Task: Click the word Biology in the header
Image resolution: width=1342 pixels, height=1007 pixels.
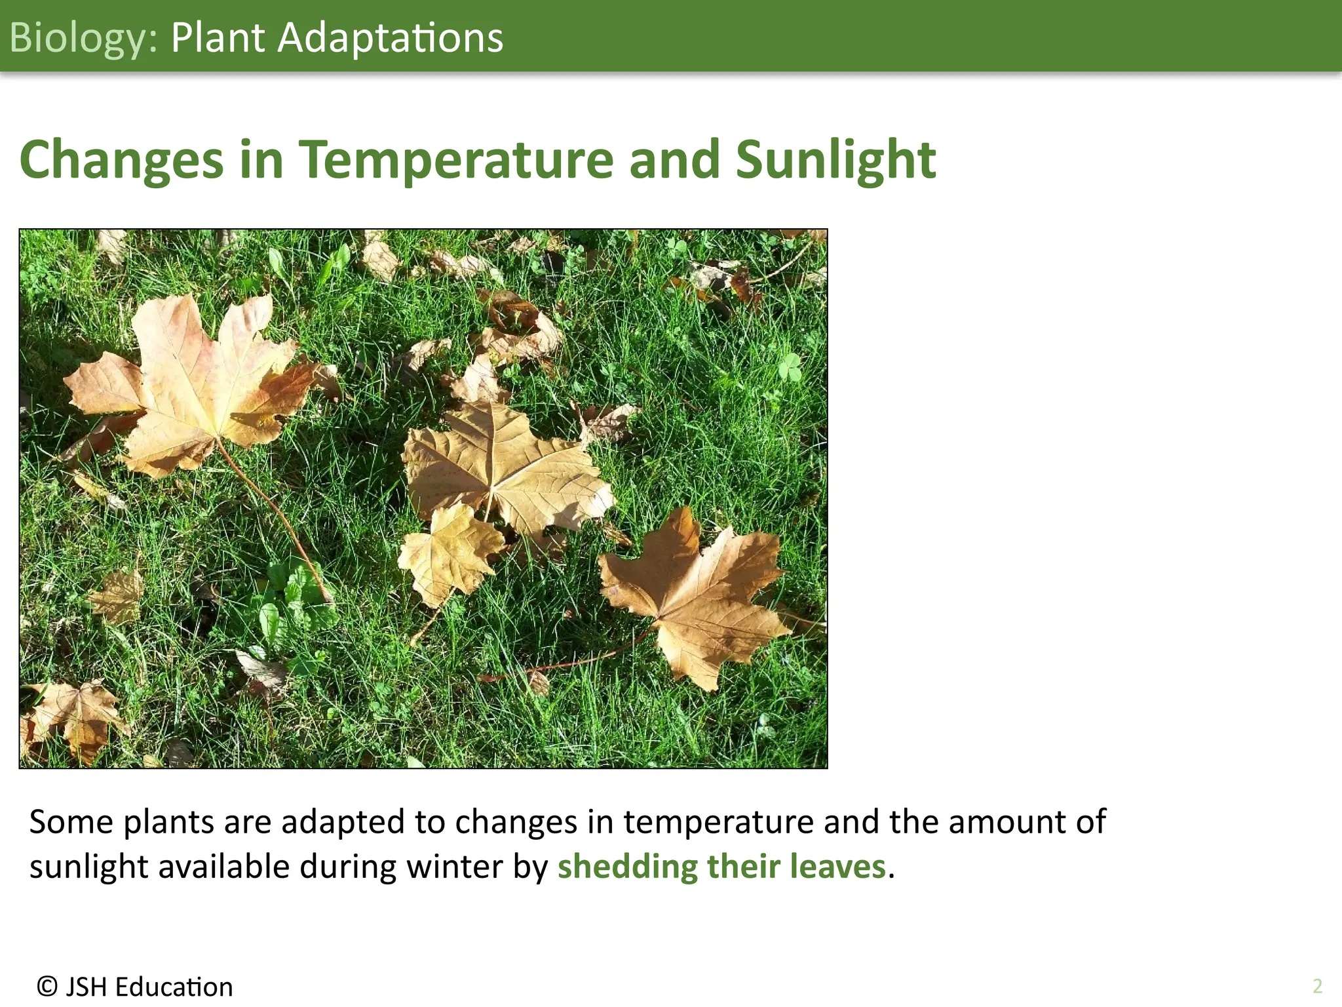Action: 79,38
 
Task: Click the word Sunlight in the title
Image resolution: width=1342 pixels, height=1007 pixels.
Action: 835,161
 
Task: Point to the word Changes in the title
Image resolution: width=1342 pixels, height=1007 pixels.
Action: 121,161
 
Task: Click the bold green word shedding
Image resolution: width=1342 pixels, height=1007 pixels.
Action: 627,866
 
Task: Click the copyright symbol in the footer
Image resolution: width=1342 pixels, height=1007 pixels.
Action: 47,986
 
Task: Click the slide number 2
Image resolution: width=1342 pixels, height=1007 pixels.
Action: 1317,986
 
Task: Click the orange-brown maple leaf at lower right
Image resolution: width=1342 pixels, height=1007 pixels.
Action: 695,597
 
